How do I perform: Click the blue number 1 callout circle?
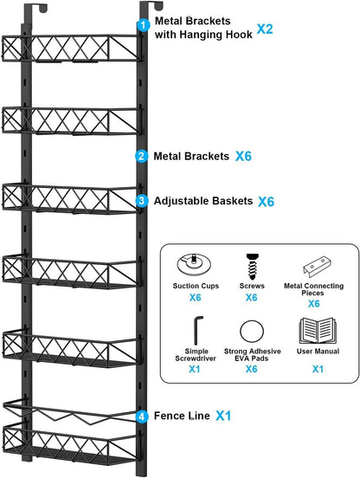[x=142, y=26]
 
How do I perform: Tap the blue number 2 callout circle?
[x=141, y=157]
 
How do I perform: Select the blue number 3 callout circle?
[x=141, y=201]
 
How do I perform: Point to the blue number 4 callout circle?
[x=141, y=416]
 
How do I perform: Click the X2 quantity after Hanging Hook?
[x=265, y=29]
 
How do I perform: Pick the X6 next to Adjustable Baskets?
[x=266, y=201]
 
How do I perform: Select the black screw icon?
[x=250, y=262]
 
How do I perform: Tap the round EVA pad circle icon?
[x=250, y=330]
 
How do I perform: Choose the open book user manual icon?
[x=313, y=330]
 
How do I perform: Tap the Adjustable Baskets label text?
[x=202, y=201]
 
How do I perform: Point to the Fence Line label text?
[x=182, y=416]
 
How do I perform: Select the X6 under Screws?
[x=251, y=298]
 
